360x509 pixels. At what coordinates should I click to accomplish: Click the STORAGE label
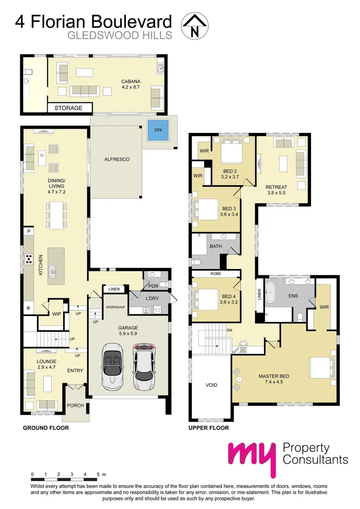click(68, 108)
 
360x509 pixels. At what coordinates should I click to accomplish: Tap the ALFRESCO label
click(116, 160)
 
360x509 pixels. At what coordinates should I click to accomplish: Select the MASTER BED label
click(274, 376)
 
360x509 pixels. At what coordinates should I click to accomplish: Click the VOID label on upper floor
click(212, 385)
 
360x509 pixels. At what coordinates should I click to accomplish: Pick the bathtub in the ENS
click(271, 293)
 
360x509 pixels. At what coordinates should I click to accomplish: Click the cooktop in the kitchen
click(28, 259)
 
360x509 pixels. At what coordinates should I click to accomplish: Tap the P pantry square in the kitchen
click(29, 232)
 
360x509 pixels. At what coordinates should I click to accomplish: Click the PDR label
click(153, 286)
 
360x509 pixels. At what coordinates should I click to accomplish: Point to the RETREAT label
click(275, 187)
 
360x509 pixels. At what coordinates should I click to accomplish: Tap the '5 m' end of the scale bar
click(101, 474)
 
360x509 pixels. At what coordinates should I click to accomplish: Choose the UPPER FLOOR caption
click(209, 428)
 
